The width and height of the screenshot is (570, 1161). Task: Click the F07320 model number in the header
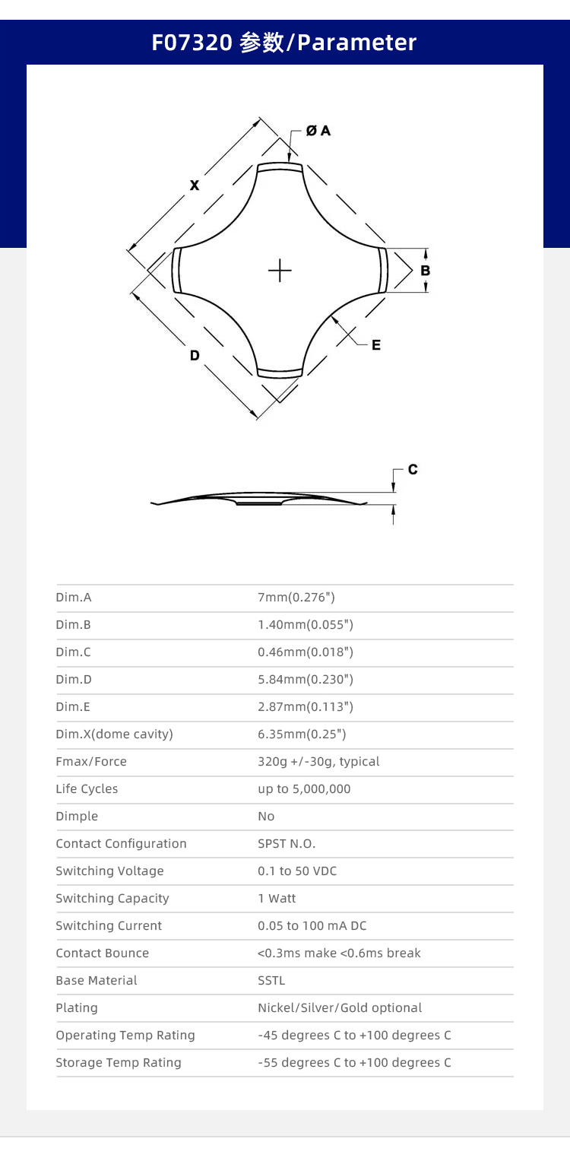192,43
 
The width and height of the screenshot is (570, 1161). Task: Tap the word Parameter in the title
357,43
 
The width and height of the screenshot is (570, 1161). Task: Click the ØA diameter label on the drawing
318,131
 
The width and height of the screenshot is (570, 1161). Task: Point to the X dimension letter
195,185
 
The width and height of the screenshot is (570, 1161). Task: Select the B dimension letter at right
426,271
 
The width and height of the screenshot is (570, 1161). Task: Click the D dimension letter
195,356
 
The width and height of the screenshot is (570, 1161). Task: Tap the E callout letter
376,345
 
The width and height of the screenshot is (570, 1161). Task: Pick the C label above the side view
413,470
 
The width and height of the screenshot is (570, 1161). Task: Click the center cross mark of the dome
280,271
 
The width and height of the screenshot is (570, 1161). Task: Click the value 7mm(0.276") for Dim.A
296,598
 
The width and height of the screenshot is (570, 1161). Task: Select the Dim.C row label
73,652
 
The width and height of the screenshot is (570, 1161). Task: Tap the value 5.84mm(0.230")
306,680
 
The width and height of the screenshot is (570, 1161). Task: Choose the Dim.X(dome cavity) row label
115,734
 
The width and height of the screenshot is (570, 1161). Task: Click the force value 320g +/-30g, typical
318,761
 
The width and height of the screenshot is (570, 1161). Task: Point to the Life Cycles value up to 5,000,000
304,789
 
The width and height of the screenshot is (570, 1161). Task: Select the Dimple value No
266,817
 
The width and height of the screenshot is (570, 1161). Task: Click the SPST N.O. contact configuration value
287,844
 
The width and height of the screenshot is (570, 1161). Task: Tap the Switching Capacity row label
112,899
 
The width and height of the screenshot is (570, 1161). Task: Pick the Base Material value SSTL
271,981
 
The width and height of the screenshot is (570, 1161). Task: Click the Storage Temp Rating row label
119,1063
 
